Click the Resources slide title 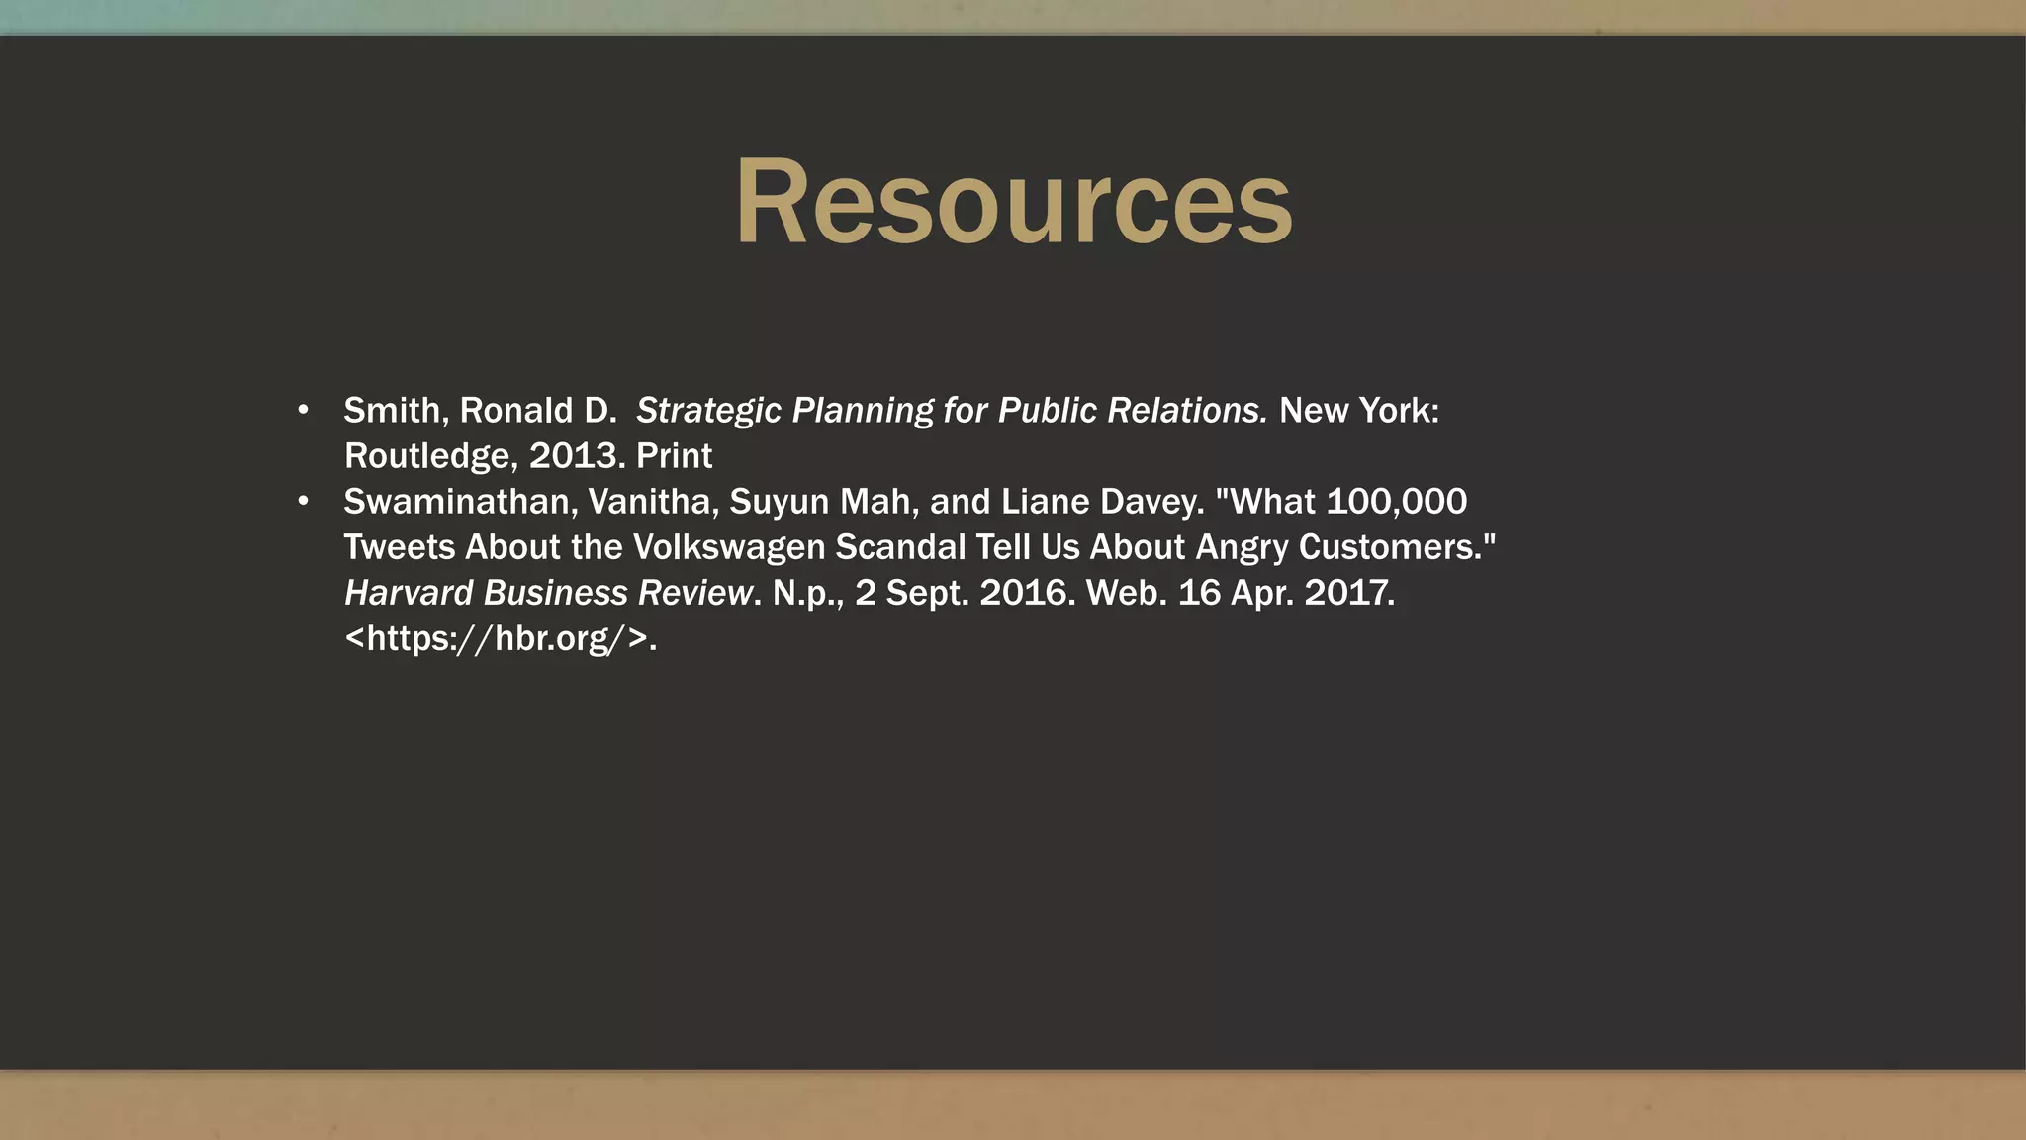tap(1013, 203)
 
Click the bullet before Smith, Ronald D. tap(304, 410)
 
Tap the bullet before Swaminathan tap(304, 501)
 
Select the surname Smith tap(392, 410)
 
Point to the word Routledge tap(426, 456)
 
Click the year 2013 tap(573, 455)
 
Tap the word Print tap(674, 455)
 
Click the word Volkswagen tap(728, 547)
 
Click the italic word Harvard tap(409, 593)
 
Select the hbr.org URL tap(500, 638)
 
